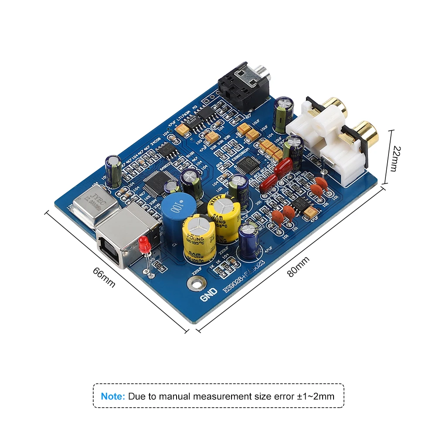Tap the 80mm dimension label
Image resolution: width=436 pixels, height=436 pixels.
tap(298, 267)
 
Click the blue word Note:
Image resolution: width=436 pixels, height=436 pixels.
tap(113, 396)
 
